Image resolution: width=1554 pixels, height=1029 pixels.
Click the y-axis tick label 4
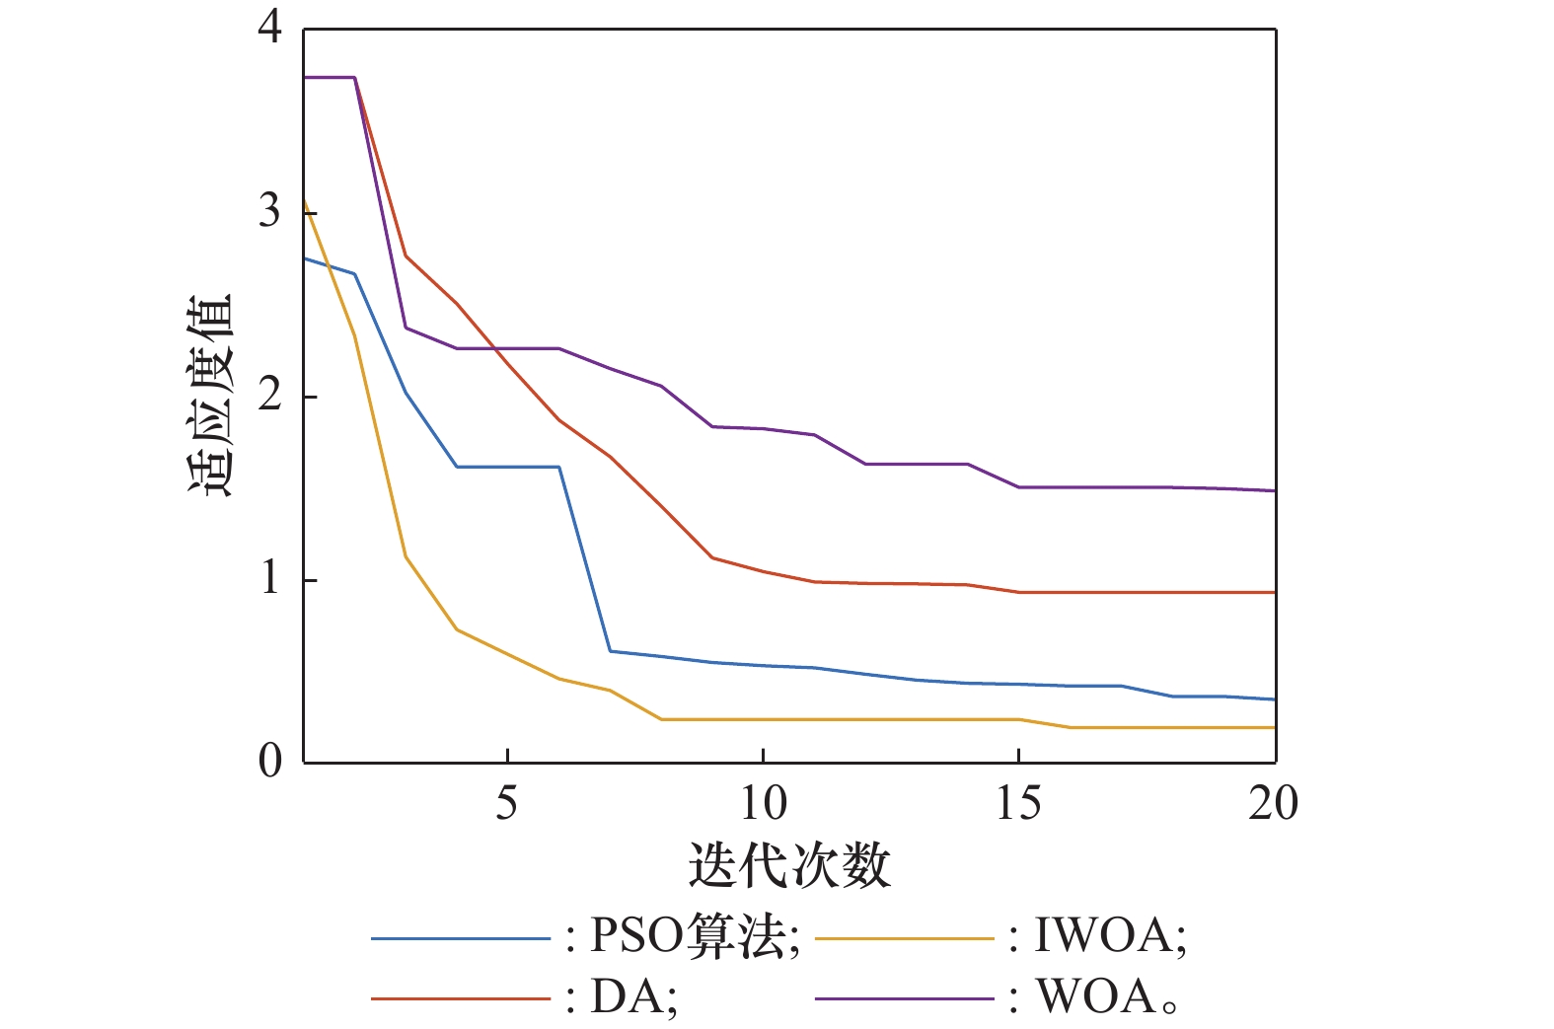point(269,30)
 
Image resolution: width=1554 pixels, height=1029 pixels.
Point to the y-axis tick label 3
point(269,212)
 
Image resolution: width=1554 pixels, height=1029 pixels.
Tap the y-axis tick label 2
point(269,396)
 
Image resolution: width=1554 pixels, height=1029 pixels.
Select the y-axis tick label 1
point(269,579)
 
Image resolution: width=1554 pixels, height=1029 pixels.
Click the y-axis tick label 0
point(269,762)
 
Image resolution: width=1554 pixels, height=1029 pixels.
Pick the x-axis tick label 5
point(506,804)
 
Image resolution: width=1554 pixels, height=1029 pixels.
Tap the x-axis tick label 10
point(763,804)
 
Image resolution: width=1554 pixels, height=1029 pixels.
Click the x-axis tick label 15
point(1018,804)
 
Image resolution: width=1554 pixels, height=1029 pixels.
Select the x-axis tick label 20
point(1273,804)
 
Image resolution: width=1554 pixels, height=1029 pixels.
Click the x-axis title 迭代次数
point(789,865)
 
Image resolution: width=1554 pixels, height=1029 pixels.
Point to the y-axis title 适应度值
point(209,395)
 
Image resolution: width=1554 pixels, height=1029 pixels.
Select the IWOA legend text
point(1107,935)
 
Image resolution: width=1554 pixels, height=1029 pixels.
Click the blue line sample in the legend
point(460,937)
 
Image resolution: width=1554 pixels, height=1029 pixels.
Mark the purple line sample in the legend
point(904,999)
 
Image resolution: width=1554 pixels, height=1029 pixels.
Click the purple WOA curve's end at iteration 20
point(1275,490)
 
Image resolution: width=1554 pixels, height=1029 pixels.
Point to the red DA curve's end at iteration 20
point(1275,592)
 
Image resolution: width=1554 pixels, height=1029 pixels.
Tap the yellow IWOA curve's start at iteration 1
point(304,201)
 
